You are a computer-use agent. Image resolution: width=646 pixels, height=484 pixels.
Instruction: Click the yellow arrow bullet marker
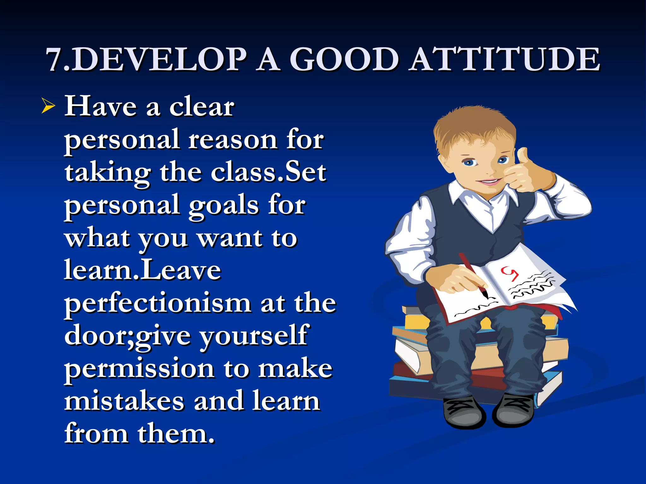(48, 106)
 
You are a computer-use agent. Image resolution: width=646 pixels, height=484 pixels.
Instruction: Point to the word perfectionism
(158, 304)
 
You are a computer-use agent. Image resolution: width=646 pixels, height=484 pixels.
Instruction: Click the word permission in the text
(139, 369)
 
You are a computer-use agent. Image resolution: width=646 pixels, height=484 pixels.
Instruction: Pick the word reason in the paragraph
(233, 140)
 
